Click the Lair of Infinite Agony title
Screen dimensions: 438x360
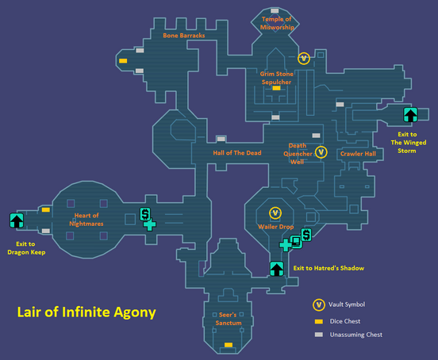pyautogui.click(x=86, y=312)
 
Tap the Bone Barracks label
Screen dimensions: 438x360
pyautogui.click(x=184, y=36)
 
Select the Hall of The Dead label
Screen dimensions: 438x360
pyautogui.click(x=237, y=153)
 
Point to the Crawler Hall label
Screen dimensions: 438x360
pyautogui.click(x=358, y=154)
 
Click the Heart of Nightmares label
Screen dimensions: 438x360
pyautogui.click(x=86, y=220)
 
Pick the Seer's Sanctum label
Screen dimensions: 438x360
pyautogui.click(x=229, y=319)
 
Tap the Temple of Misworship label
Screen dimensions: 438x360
pyautogui.click(x=277, y=23)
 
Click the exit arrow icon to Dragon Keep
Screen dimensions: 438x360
pyautogui.click(x=17, y=220)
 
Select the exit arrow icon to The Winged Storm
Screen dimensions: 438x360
pyautogui.click(x=410, y=115)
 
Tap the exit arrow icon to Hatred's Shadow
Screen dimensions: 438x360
pyautogui.click(x=277, y=269)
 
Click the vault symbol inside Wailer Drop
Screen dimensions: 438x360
pyautogui.click(x=275, y=213)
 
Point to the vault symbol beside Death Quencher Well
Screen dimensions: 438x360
pyautogui.click(x=321, y=152)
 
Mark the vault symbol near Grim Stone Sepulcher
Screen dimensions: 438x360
pyautogui.click(x=304, y=59)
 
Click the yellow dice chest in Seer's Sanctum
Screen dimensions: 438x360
pyautogui.click(x=229, y=345)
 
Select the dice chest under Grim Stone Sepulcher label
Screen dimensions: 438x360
pyautogui.click(x=276, y=88)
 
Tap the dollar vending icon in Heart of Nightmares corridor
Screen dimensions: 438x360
pyautogui.click(x=145, y=214)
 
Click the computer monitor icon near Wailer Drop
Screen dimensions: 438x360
pyautogui.click(x=296, y=241)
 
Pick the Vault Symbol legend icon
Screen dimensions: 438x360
pyautogui.click(x=319, y=304)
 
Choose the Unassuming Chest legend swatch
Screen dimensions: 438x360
pyautogui.click(x=319, y=335)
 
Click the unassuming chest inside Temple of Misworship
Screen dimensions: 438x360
pyautogui.click(x=275, y=10)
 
